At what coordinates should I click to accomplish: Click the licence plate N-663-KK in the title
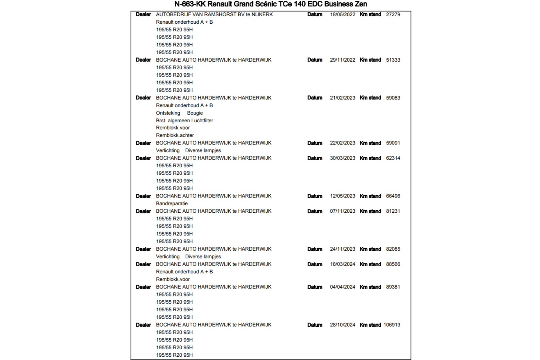coord(190,4)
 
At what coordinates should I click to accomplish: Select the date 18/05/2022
coord(343,14)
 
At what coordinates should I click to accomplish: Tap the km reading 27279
coord(393,14)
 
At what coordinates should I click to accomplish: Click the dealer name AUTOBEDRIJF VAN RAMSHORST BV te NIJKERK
coord(214,14)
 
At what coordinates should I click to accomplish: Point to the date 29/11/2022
coord(343,60)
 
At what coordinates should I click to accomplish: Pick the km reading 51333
coord(393,60)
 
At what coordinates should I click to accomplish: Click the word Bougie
coord(195,113)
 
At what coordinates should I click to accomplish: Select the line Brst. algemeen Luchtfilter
coord(184,120)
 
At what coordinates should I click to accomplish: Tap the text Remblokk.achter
coord(175,135)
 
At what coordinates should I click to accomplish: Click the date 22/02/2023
coord(343,143)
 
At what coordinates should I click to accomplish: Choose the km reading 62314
coord(393,158)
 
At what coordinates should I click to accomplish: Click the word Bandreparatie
coord(172,203)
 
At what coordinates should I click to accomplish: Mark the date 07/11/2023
coord(343,211)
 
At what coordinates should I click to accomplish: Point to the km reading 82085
coord(393,249)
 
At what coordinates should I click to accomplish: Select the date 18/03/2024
coord(343,264)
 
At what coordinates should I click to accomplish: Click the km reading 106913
coord(392,325)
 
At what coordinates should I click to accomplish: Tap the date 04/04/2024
coord(343,287)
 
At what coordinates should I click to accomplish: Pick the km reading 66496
coord(393,196)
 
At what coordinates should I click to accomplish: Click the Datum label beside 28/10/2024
coord(315,325)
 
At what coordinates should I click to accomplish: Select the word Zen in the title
coord(361,4)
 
